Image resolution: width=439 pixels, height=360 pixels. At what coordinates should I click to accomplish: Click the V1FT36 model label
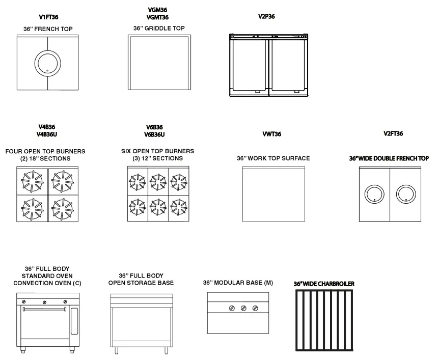click(48, 17)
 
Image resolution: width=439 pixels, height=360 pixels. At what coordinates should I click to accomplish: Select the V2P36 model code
click(266, 16)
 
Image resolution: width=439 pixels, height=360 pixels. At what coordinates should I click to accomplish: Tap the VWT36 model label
click(271, 134)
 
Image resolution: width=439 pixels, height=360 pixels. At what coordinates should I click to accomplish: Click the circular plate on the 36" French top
click(47, 63)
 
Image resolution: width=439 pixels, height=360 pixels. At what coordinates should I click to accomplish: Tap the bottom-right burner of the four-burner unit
click(63, 208)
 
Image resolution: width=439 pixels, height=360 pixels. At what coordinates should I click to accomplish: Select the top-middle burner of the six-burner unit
click(157, 181)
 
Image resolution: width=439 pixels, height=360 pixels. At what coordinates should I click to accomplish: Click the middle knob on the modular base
click(243, 308)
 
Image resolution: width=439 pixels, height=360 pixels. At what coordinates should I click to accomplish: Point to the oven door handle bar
click(44, 309)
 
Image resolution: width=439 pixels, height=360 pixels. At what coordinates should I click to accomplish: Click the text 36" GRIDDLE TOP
click(159, 29)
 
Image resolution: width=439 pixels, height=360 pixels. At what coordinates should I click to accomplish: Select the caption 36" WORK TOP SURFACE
click(273, 158)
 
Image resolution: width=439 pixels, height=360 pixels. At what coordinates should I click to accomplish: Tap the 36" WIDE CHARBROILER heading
click(324, 284)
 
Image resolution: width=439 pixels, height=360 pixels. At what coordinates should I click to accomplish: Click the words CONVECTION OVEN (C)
click(47, 283)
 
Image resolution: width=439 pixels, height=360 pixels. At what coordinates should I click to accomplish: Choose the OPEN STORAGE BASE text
click(141, 283)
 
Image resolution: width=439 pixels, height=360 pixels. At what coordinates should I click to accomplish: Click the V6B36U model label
click(155, 134)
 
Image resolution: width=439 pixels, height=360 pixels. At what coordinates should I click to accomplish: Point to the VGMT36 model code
click(157, 18)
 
